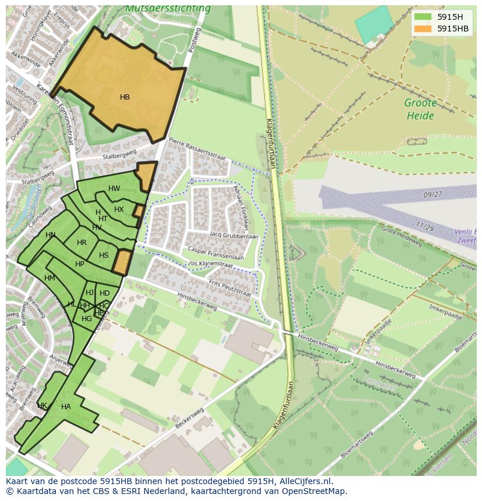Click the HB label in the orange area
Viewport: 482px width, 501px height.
pyautogui.click(x=125, y=97)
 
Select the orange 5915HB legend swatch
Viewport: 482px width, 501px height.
pyautogui.click(x=423, y=29)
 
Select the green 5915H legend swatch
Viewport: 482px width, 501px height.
pyautogui.click(x=423, y=17)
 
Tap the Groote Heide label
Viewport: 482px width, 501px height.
pyautogui.click(x=420, y=109)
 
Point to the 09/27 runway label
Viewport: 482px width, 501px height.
pyautogui.click(x=433, y=195)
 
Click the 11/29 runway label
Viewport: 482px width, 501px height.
pyautogui.click(x=424, y=226)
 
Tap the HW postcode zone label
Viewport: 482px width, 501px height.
pyautogui.click(x=114, y=189)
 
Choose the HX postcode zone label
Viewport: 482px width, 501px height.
pyautogui.click(x=119, y=209)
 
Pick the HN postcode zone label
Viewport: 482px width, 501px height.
pyautogui.click(x=51, y=235)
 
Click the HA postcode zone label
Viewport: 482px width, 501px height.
pyautogui.click(x=66, y=407)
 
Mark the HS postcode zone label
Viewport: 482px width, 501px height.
pyautogui.click(x=104, y=255)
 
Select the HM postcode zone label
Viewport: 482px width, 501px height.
pyautogui.click(x=49, y=278)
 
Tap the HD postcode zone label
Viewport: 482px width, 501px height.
pyautogui.click(x=105, y=293)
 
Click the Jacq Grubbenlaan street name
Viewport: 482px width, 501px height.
pyautogui.click(x=233, y=236)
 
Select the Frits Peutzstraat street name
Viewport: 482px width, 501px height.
pyautogui.click(x=230, y=287)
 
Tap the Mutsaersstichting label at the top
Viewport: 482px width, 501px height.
pyautogui.click(x=168, y=9)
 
